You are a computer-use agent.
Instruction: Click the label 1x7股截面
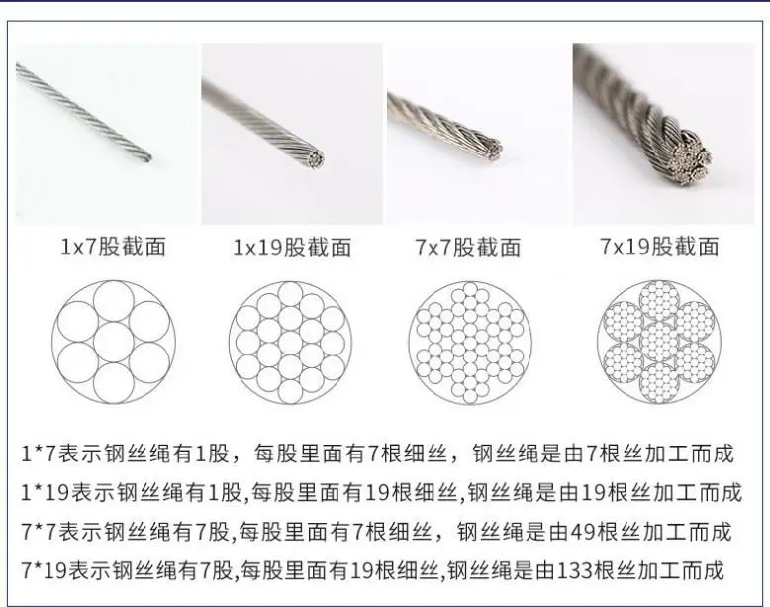pos(113,247)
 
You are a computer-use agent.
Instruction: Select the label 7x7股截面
pos(466,247)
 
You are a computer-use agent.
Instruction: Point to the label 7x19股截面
pos(658,247)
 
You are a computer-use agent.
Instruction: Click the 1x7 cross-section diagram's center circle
pos(114,338)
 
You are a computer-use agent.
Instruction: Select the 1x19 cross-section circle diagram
pos(291,339)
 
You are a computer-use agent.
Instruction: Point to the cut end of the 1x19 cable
pos(315,157)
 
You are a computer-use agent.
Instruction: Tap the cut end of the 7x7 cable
pos(492,151)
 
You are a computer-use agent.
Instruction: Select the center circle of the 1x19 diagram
pos(291,339)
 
